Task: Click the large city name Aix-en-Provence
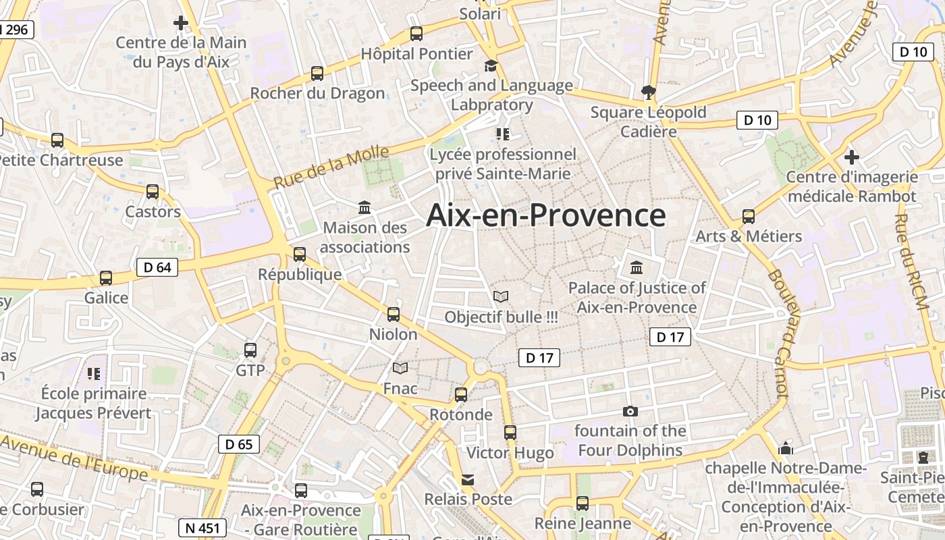546,215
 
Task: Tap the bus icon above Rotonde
461,394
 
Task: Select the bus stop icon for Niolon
394,314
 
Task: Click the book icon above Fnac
400,368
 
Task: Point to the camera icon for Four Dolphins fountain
630,411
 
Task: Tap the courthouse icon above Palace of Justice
637,268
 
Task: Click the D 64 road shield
157,267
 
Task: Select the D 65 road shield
239,444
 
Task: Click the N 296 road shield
15,30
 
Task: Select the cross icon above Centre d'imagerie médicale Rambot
852,157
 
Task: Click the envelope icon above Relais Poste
468,480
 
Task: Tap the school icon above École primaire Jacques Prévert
94,373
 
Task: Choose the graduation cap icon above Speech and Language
491,65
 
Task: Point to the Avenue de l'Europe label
74,458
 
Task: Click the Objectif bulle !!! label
501,317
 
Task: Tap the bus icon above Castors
153,192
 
